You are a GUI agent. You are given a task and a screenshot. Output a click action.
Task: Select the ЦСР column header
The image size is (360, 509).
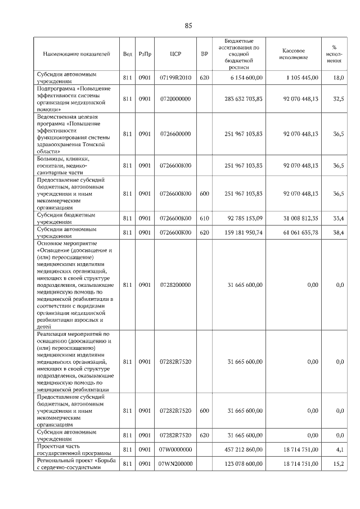pyautogui.click(x=175, y=54)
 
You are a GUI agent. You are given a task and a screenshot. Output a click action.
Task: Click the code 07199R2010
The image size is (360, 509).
pyautogui.click(x=175, y=78)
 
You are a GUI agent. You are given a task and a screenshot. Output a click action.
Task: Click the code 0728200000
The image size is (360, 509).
pyautogui.click(x=175, y=285)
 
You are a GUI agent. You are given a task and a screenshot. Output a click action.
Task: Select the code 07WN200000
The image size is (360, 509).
pyautogui.click(x=175, y=463)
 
